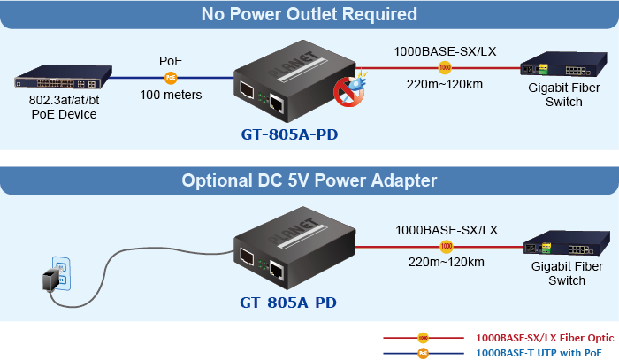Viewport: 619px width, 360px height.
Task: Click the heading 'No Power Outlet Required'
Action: point(309,14)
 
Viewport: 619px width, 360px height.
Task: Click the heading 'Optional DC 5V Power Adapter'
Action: point(309,180)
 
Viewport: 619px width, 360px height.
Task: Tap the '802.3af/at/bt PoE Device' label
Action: point(63,108)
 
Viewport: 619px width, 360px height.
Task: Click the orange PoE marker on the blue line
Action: point(171,78)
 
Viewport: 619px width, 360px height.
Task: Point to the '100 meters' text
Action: point(171,95)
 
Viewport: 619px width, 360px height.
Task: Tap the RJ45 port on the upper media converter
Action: point(278,103)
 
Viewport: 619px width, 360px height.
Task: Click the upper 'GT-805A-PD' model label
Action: point(289,135)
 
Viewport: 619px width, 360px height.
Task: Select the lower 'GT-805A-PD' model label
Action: point(289,302)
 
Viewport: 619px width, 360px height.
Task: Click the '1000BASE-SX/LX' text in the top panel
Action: point(445,50)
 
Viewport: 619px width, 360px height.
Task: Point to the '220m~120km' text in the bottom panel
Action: point(446,262)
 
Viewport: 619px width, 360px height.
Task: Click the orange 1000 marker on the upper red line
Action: point(445,67)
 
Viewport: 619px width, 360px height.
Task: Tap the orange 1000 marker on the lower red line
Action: point(447,245)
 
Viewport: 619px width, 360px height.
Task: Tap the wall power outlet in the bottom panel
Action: point(61,270)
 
